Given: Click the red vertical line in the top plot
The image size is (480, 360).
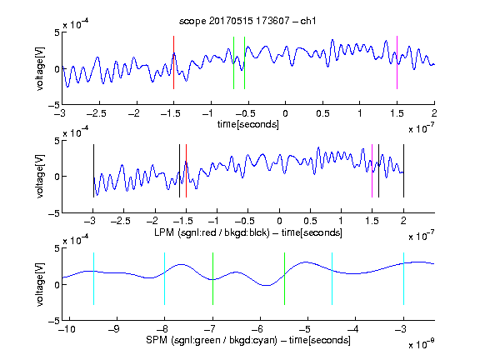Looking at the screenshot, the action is click(174, 62).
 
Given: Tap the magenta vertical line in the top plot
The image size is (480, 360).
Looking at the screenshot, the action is click(397, 62).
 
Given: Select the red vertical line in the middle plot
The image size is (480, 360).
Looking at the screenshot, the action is click(186, 171).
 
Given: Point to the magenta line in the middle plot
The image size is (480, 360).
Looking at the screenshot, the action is click(372, 171).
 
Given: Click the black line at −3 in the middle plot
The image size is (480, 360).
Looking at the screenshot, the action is click(93, 171).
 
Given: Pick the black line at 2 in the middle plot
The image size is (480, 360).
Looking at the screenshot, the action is click(403, 171).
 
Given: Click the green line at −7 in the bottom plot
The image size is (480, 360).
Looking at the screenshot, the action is click(212, 278).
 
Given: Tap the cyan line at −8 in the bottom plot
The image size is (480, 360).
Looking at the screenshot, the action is click(165, 278).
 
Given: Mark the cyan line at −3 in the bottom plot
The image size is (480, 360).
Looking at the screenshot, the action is click(403, 278).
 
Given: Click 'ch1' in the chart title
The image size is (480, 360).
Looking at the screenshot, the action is click(308, 21).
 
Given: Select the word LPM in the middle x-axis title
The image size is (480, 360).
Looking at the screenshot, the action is click(164, 232).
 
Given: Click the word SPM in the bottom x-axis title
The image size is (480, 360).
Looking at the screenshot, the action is click(157, 340).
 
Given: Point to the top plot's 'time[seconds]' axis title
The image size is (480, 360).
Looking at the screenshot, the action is click(248, 124).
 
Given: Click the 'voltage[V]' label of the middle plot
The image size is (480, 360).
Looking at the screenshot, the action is click(40, 177).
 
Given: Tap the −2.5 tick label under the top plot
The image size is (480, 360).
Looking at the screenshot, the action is click(96, 114).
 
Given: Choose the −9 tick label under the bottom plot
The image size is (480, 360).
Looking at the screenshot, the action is click(114, 329).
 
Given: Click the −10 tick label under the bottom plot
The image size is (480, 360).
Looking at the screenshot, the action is click(67, 329).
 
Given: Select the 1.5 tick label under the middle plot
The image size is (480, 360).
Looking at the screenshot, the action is click(372, 221).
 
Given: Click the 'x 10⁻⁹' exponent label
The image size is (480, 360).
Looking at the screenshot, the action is click(421, 344).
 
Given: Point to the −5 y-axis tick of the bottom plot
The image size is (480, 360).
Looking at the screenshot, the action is click(54, 321).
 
